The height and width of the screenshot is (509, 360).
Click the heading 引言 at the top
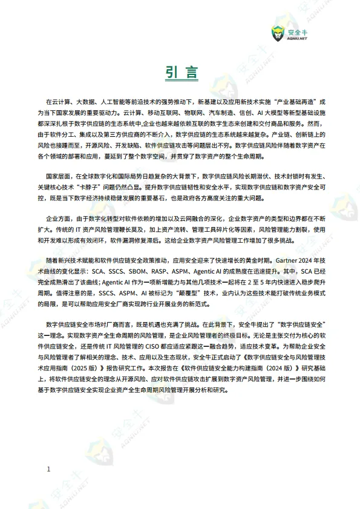click(x=180, y=73)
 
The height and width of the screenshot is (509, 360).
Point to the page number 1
click(x=48, y=469)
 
